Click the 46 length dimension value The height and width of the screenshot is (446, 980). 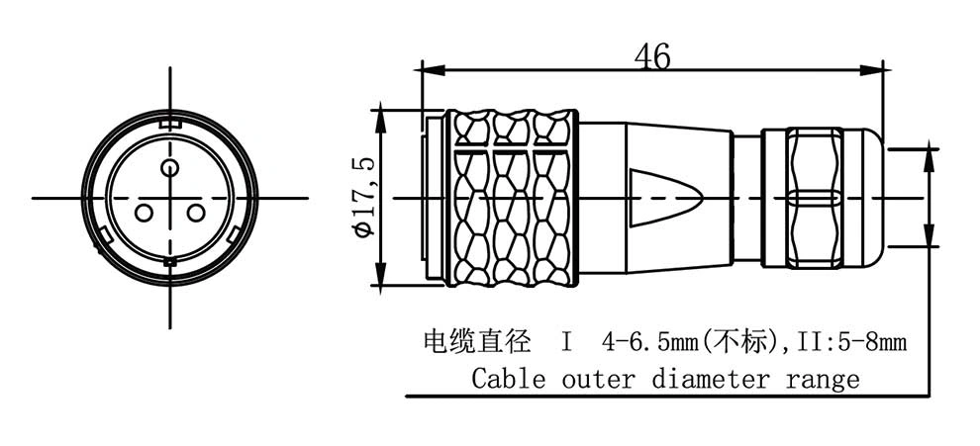652,56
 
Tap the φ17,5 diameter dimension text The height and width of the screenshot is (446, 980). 363,197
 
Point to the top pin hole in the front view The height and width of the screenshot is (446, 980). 169,167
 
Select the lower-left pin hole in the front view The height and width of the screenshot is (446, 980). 144,214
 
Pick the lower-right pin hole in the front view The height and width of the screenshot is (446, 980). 196,214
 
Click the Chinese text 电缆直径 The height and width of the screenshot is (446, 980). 477,342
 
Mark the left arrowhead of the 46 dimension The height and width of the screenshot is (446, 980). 434,70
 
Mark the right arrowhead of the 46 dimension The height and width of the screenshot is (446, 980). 871,70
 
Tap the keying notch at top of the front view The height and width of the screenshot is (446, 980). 169,124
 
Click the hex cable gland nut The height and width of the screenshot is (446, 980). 814,198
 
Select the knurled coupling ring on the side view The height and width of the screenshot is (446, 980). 511,198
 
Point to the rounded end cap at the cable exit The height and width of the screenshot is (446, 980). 863,198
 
